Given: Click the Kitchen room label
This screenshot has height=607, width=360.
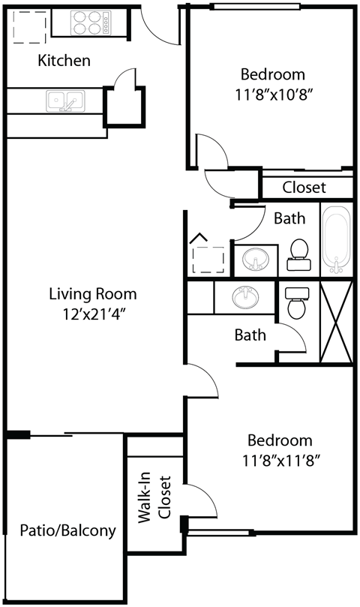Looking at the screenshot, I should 64,61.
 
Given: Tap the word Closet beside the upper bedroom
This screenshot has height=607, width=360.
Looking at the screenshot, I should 304,188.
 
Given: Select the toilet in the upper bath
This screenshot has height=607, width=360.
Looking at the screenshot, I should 299,254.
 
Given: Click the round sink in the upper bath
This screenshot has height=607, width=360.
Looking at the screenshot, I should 256,259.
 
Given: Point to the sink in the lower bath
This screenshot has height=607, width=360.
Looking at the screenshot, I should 244,297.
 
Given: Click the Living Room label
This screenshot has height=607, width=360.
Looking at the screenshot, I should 93,294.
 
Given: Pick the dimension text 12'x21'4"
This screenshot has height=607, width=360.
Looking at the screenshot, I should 93,314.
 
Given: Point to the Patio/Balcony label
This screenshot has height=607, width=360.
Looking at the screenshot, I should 67,530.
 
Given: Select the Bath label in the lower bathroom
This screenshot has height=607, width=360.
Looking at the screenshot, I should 250,335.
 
